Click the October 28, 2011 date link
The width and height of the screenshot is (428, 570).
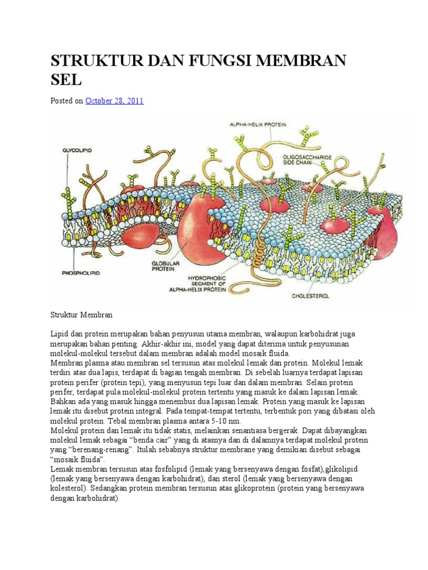[114, 101]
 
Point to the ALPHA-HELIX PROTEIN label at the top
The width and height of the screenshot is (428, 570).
[258, 125]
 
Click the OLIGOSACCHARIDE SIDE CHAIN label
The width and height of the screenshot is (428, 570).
[306, 161]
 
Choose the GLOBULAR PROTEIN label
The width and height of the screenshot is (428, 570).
[163, 266]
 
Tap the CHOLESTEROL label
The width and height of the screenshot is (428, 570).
[310, 296]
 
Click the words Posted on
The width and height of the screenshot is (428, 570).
[66, 101]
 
